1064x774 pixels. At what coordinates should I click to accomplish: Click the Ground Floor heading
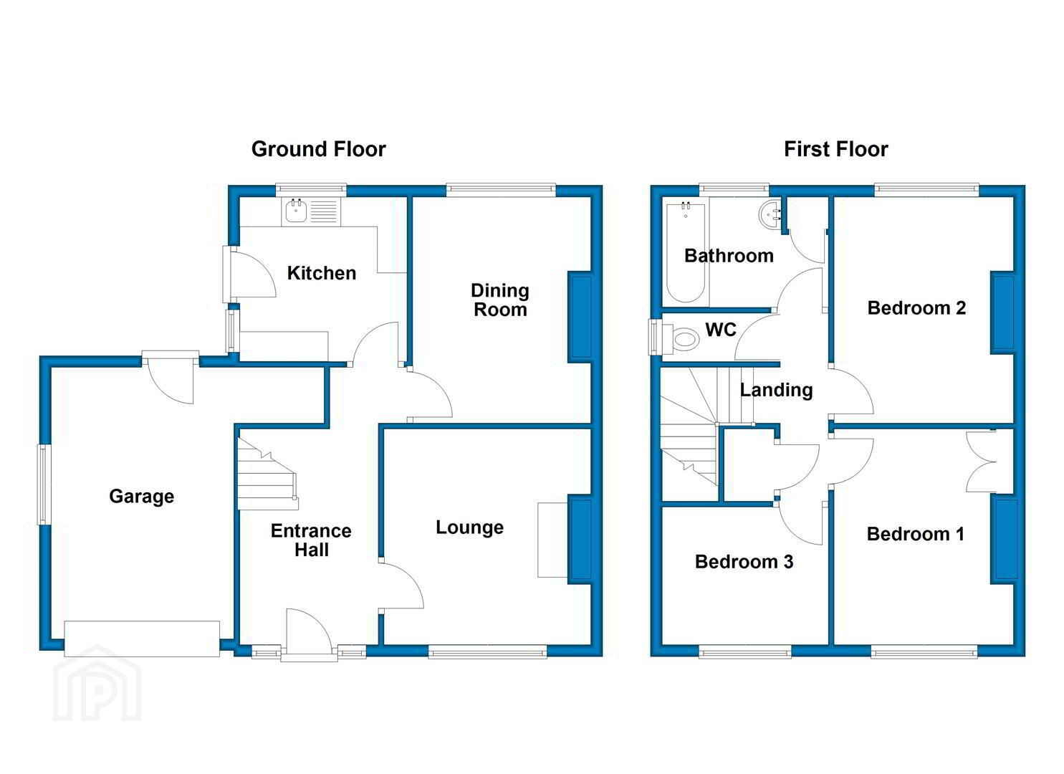318,149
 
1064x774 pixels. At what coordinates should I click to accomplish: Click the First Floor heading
836,149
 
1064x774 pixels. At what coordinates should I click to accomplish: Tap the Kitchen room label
322,273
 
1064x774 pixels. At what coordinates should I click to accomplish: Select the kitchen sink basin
296,211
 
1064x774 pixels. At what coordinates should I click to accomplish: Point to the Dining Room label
500,300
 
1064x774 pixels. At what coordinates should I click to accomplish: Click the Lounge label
470,527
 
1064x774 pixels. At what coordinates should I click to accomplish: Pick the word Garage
142,497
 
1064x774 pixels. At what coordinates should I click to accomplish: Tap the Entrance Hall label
311,540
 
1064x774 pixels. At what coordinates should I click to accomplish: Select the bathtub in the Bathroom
686,252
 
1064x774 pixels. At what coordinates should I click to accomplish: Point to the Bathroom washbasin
770,215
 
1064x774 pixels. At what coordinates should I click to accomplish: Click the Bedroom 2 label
916,308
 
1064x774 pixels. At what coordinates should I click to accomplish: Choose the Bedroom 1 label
915,534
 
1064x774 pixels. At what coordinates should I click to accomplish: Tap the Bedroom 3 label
744,562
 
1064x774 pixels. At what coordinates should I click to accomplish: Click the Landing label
776,390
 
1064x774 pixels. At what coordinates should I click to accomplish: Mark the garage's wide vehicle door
142,639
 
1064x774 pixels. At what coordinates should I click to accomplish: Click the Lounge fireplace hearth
552,540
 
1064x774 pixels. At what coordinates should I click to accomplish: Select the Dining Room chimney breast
580,317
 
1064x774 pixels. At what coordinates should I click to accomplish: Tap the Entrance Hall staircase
267,474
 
